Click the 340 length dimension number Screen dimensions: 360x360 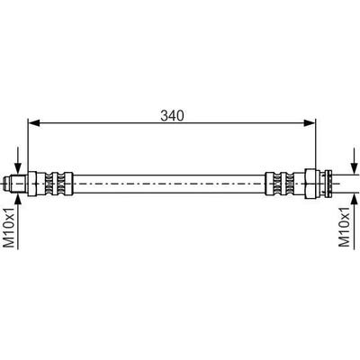pos(172,116)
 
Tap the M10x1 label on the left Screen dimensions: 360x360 pos(9,228)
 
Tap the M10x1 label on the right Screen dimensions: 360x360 pos(345,227)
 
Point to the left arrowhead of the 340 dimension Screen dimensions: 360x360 pos(33,122)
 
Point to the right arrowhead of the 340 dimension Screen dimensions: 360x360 pos(310,122)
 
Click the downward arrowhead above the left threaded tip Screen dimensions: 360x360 pos(19,168)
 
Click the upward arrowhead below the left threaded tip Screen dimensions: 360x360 pos(19,199)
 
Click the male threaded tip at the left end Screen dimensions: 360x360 pos(15,184)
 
